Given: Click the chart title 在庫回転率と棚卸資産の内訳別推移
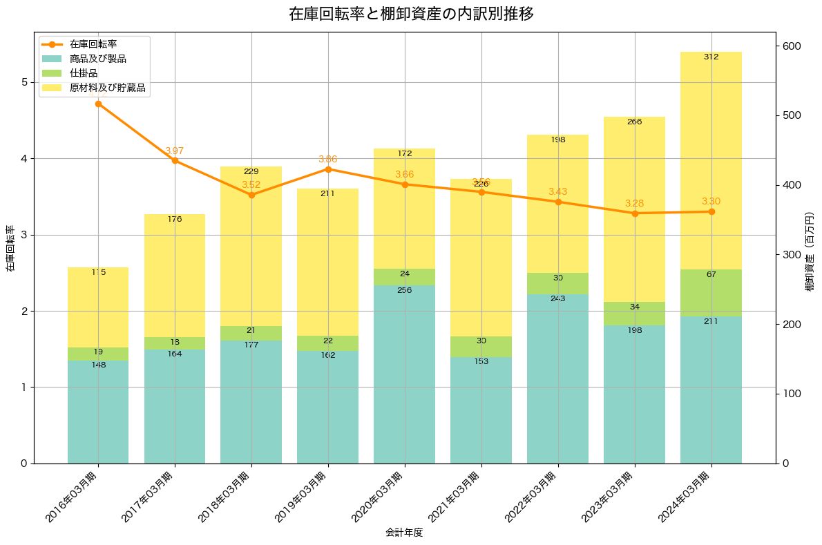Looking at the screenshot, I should coord(411,14).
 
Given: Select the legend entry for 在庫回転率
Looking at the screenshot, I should coord(93,44).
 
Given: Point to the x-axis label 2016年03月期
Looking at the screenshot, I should coord(73,497).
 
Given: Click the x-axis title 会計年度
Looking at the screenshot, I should coord(404,533).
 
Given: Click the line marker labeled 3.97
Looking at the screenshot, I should coord(175,160).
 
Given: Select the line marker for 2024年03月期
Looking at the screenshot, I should coord(711,211).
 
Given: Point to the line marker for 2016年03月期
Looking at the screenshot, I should coord(98,104).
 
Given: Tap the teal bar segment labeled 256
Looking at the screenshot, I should coord(405,374).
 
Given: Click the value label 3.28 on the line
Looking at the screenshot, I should coord(635,203).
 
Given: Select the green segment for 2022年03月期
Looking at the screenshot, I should coord(557,283).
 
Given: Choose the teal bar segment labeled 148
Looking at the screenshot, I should coord(98,411).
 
